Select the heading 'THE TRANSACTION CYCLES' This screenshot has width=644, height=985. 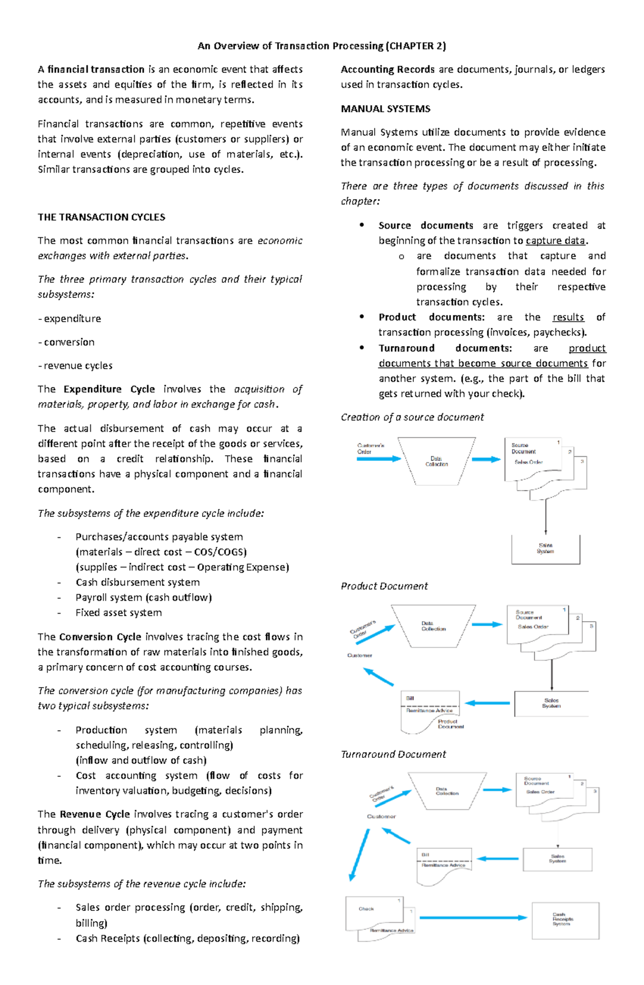pos(101,217)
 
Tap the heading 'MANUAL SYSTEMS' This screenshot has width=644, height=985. pos(385,109)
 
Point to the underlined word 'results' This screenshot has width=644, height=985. pos(568,317)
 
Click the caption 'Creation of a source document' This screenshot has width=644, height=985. pos(412,417)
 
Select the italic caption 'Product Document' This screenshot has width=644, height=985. pos(384,586)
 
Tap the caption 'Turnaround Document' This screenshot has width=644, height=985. pos(393,754)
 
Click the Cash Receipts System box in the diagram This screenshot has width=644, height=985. pos(565,920)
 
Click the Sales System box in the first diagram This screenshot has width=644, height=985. pos(545,549)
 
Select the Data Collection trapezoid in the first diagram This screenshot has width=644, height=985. pos(436,461)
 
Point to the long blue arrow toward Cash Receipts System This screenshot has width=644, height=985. pos(472,918)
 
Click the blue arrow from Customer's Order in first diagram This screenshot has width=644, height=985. pos(379,459)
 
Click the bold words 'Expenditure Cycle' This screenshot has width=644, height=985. pos(109,389)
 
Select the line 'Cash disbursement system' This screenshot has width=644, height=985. pos(137,582)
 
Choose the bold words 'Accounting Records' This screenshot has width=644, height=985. pos(387,70)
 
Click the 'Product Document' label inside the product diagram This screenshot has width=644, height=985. pos(450,724)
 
